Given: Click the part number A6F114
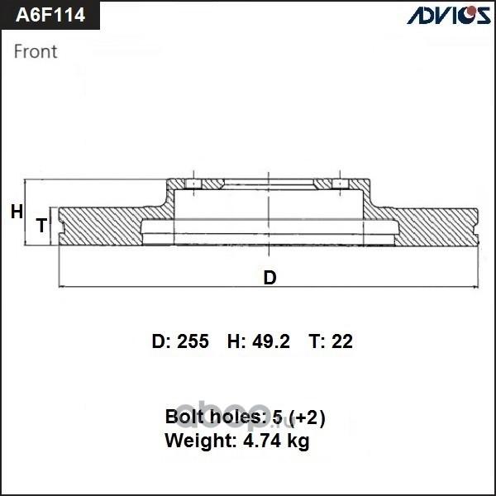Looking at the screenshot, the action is [x=50, y=15].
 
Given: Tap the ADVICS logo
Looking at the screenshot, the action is [x=449, y=15].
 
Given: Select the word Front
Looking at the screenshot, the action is [x=36, y=51].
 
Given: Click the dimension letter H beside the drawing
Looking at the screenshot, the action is [x=17, y=212].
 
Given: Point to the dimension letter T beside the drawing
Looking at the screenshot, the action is [x=41, y=225].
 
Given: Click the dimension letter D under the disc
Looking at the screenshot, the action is [x=269, y=278].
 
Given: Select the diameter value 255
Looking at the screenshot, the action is [x=193, y=341].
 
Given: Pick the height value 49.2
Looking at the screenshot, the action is [x=271, y=341].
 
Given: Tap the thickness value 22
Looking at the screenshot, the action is [x=342, y=341].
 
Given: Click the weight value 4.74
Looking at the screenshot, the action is [x=261, y=440].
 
